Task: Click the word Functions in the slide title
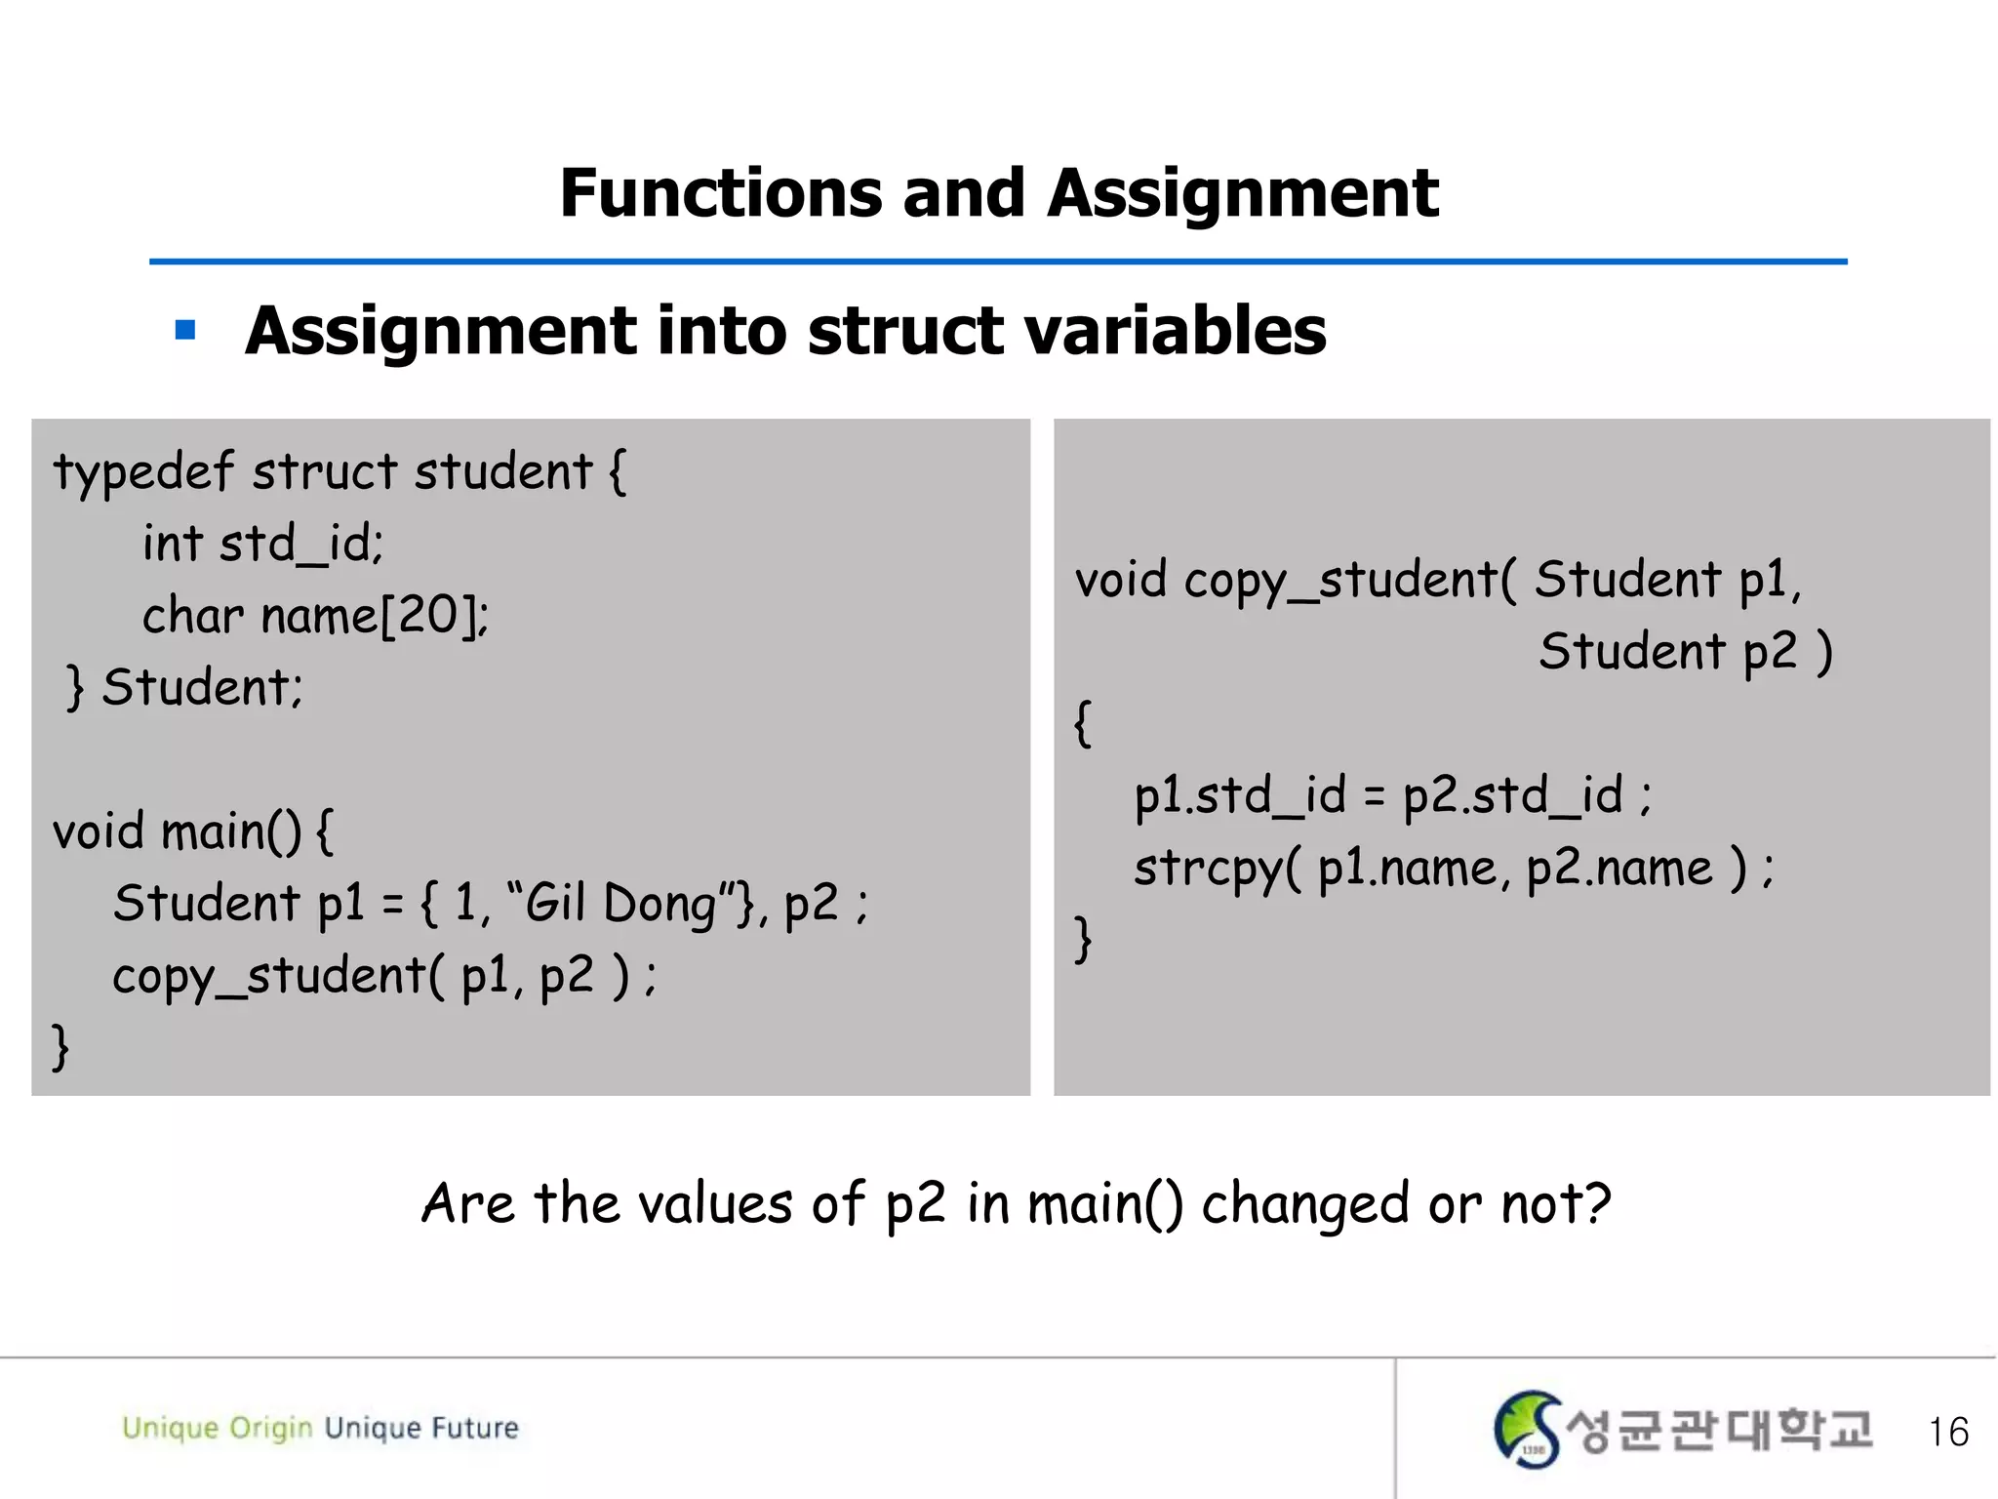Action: (720, 193)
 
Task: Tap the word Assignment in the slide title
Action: (1242, 193)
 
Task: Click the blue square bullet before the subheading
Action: (185, 331)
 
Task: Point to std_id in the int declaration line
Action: (300, 545)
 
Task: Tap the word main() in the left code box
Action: (230, 832)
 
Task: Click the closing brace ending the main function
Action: (60, 1047)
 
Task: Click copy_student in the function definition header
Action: (1341, 581)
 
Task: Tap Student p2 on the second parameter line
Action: (1667, 652)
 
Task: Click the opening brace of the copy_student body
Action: (1082, 723)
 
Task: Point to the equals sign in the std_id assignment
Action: (1374, 796)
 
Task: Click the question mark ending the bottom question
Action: (1596, 1203)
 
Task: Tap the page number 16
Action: (1947, 1432)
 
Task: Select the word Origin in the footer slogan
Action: (270, 1429)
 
